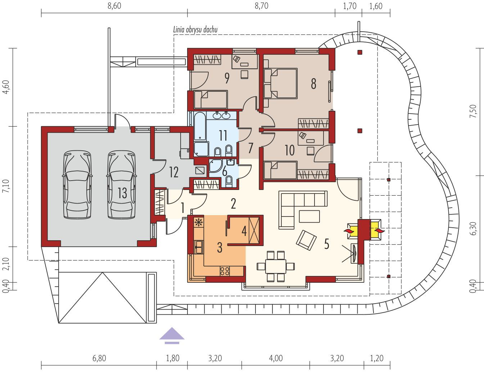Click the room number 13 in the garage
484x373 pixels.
122,193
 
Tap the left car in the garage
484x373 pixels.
77,185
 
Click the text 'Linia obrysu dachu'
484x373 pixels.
195,29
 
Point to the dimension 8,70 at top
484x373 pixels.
262,6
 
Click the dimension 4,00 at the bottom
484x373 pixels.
276,358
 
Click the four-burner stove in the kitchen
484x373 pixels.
225,271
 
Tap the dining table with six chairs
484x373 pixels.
276,266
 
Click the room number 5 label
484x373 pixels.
326,244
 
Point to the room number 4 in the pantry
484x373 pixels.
244,231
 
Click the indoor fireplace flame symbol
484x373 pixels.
349,231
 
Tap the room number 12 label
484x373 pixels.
174,172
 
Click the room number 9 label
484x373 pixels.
227,78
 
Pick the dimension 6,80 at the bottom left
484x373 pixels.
99,358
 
